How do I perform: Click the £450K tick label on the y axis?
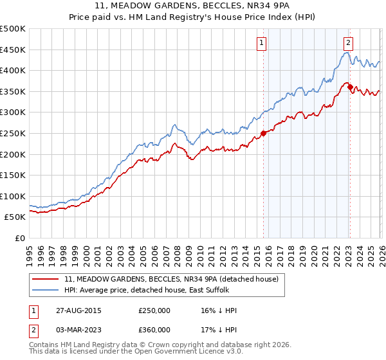point(13,50)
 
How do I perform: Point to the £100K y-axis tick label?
point(13,196)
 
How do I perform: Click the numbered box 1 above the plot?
point(262,43)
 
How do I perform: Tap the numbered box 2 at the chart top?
point(348,43)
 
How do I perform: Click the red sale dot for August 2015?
point(263,134)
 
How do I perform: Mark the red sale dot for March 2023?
point(349,87)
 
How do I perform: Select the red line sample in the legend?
point(46,280)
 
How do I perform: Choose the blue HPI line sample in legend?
point(46,291)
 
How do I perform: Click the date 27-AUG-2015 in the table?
point(78,310)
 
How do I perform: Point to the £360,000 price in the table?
point(154,330)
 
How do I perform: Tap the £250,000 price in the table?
point(154,310)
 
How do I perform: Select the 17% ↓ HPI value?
point(219,330)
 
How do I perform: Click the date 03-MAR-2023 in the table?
point(78,330)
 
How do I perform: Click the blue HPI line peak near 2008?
point(174,123)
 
